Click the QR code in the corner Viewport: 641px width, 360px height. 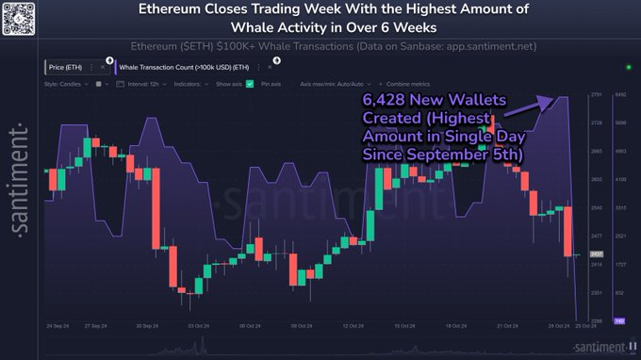(x=19, y=18)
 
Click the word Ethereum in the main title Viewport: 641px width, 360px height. (x=177, y=12)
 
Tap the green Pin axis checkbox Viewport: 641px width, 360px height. (x=250, y=84)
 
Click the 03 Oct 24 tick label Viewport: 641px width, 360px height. (x=197, y=326)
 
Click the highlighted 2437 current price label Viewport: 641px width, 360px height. (x=596, y=254)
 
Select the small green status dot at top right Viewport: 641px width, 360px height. (x=629, y=68)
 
